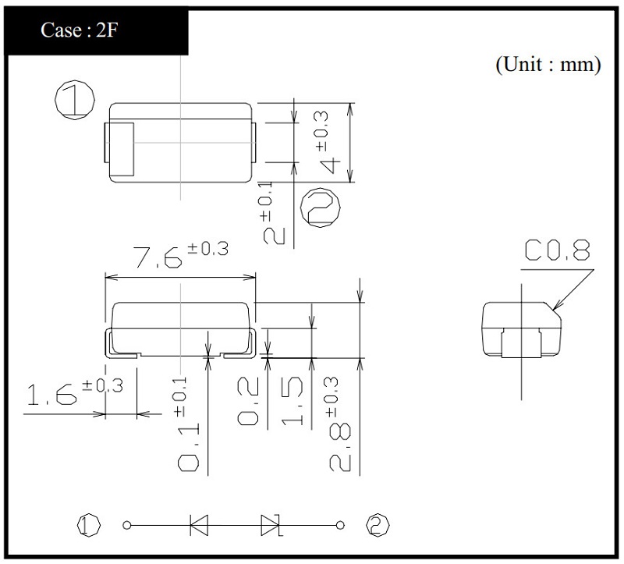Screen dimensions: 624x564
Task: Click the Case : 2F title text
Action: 80,30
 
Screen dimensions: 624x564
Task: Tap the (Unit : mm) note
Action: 548,64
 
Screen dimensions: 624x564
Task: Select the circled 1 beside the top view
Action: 75,100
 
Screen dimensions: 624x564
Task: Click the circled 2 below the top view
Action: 321,208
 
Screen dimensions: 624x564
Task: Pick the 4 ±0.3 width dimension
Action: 328,142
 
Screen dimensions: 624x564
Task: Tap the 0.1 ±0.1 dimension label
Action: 187,424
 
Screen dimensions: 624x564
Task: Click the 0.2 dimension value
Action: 248,401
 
